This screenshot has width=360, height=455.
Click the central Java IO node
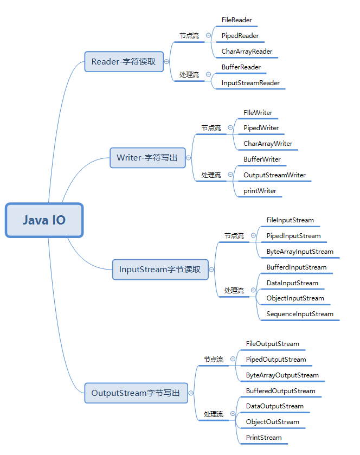(x=44, y=220)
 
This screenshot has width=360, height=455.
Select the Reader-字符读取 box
(x=123, y=61)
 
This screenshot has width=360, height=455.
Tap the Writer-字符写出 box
(x=147, y=158)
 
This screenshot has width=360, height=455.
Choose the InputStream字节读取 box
(x=160, y=269)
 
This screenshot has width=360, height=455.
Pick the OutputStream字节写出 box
(x=136, y=393)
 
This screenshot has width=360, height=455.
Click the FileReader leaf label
(x=236, y=20)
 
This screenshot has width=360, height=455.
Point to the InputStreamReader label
(x=250, y=83)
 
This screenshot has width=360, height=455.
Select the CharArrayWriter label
(x=268, y=144)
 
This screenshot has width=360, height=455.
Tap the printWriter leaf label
(x=260, y=191)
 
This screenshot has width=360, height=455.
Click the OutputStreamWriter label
(x=274, y=175)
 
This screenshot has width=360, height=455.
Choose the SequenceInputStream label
(x=300, y=314)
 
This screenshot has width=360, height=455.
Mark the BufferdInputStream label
(x=297, y=267)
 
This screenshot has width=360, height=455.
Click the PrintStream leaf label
(x=263, y=438)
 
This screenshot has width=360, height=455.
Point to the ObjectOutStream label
(x=272, y=422)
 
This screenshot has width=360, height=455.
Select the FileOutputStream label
(x=272, y=344)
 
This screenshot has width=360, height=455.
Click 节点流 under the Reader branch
(x=189, y=36)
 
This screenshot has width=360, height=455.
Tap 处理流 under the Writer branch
(x=211, y=175)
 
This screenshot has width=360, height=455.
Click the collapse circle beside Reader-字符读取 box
(x=166, y=61)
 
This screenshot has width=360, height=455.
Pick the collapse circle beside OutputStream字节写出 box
(x=191, y=393)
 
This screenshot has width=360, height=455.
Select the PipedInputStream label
(x=293, y=236)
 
